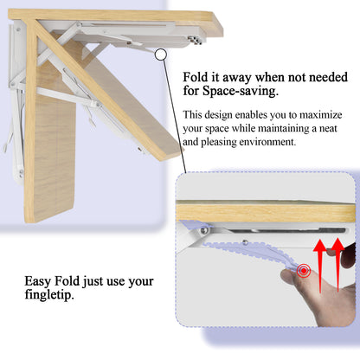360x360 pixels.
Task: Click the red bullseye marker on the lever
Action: point(303,272)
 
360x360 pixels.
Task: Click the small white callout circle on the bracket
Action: point(160,54)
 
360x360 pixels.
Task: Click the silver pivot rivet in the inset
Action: point(202,231)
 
